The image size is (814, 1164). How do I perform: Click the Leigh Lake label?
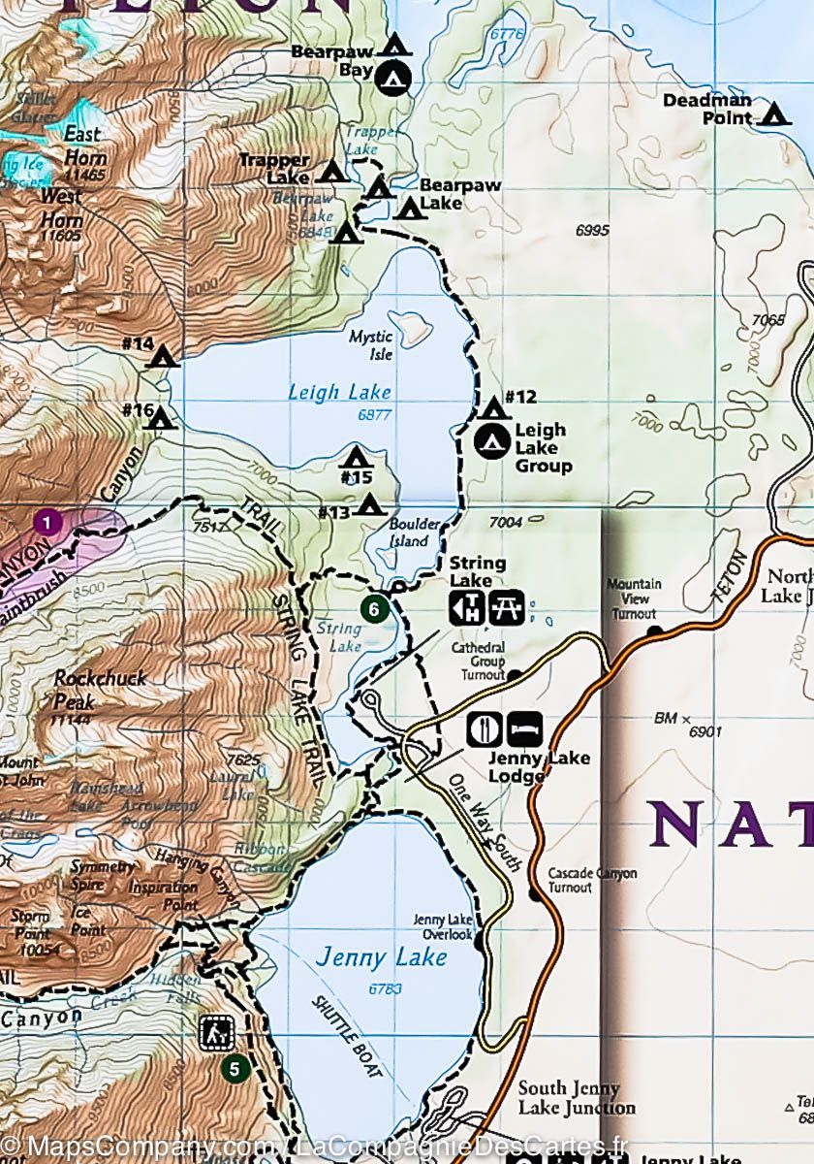(x=339, y=392)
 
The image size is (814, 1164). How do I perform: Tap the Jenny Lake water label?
(x=381, y=957)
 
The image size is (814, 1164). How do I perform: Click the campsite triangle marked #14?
(x=162, y=357)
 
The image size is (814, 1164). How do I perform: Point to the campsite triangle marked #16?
(x=161, y=418)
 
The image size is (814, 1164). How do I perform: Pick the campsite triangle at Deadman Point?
(x=772, y=115)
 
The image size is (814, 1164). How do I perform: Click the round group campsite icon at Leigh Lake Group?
(x=492, y=441)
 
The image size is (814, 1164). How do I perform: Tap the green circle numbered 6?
(x=374, y=609)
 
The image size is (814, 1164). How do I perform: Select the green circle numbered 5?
(x=234, y=1069)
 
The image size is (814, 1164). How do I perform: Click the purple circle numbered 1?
(x=47, y=523)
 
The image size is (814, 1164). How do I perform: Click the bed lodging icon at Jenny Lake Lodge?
(x=524, y=728)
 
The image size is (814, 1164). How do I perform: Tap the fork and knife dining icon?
(x=483, y=728)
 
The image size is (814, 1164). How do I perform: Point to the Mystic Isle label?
(x=372, y=345)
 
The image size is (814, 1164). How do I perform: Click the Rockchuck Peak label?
(x=100, y=686)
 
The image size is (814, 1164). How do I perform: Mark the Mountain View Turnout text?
(x=634, y=598)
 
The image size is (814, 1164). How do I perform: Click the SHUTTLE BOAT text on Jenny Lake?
(x=347, y=1036)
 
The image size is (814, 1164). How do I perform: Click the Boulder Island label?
(x=414, y=533)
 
